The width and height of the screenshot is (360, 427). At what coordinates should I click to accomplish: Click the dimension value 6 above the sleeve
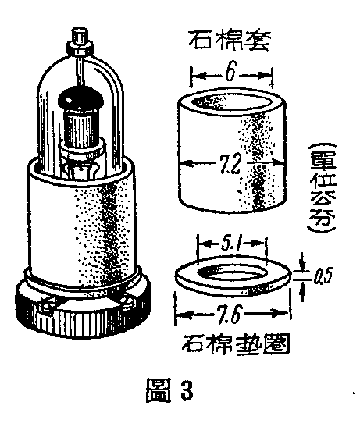(x=230, y=71)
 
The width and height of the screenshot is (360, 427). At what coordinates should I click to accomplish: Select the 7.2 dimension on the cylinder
(x=230, y=165)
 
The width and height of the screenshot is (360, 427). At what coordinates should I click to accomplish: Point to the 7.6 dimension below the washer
(x=230, y=313)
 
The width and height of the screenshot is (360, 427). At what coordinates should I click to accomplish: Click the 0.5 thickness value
(x=323, y=277)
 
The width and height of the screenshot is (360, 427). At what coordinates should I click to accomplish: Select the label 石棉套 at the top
(x=230, y=41)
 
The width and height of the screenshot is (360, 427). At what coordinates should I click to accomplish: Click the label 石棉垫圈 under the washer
(x=236, y=344)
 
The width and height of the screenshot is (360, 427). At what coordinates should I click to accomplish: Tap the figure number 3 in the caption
(x=187, y=390)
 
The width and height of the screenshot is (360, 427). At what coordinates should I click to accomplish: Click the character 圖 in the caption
(x=159, y=390)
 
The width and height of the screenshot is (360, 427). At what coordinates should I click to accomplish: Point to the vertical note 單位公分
(x=322, y=188)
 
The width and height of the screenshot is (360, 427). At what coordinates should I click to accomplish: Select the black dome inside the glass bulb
(x=80, y=98)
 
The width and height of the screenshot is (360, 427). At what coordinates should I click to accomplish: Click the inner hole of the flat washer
(x=232, y=273)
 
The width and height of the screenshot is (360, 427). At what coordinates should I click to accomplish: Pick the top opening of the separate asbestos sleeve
(x=232, y=101)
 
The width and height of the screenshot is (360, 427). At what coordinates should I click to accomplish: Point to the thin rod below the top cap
(x=80, y=70)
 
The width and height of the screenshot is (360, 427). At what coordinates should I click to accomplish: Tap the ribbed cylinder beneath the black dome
(x=80, y=127)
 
